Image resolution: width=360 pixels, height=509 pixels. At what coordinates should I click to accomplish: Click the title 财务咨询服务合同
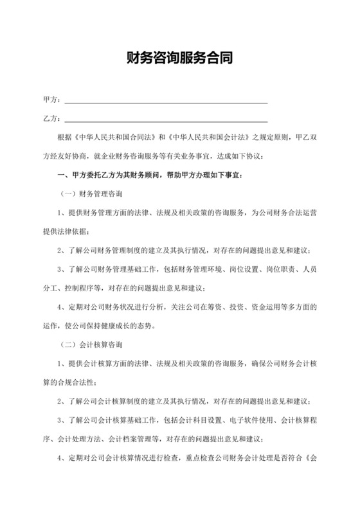click(x=179, y=59)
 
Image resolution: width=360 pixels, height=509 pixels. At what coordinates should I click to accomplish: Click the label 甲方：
click(x=51, y=100)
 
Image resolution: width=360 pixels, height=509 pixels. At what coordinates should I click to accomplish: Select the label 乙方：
click(x=51, y=118)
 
